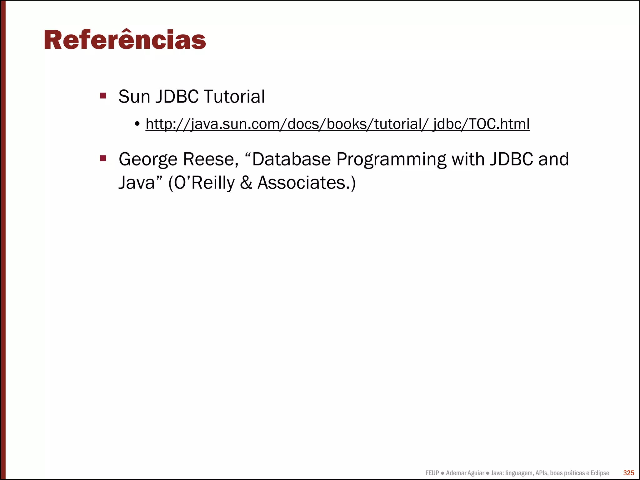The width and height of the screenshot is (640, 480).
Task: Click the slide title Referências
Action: point(125,40)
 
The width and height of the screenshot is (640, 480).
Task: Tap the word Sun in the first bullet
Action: point(134,96)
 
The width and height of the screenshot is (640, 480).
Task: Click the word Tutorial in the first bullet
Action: point(234,96)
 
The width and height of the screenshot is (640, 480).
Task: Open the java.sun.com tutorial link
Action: point(337,124)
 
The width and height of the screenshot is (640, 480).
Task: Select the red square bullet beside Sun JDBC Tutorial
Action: point(103,95)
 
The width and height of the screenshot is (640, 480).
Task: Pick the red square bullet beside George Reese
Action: point(103,158)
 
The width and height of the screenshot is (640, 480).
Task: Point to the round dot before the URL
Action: point(137,124)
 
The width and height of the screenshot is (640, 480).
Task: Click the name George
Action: point(148,159)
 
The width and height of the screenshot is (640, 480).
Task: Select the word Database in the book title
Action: point(291,159)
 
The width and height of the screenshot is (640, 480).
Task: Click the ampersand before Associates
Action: point(246,183)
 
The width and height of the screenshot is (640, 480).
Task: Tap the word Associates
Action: point(302,183)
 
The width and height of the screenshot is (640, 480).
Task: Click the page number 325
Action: point(628,473)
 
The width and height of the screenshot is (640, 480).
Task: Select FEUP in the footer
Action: point(432,473)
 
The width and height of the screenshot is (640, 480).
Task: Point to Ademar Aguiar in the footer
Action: point(465,473)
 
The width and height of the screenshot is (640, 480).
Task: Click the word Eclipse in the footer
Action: point(600,473)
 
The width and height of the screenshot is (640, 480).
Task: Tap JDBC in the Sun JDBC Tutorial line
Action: point(177,96)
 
